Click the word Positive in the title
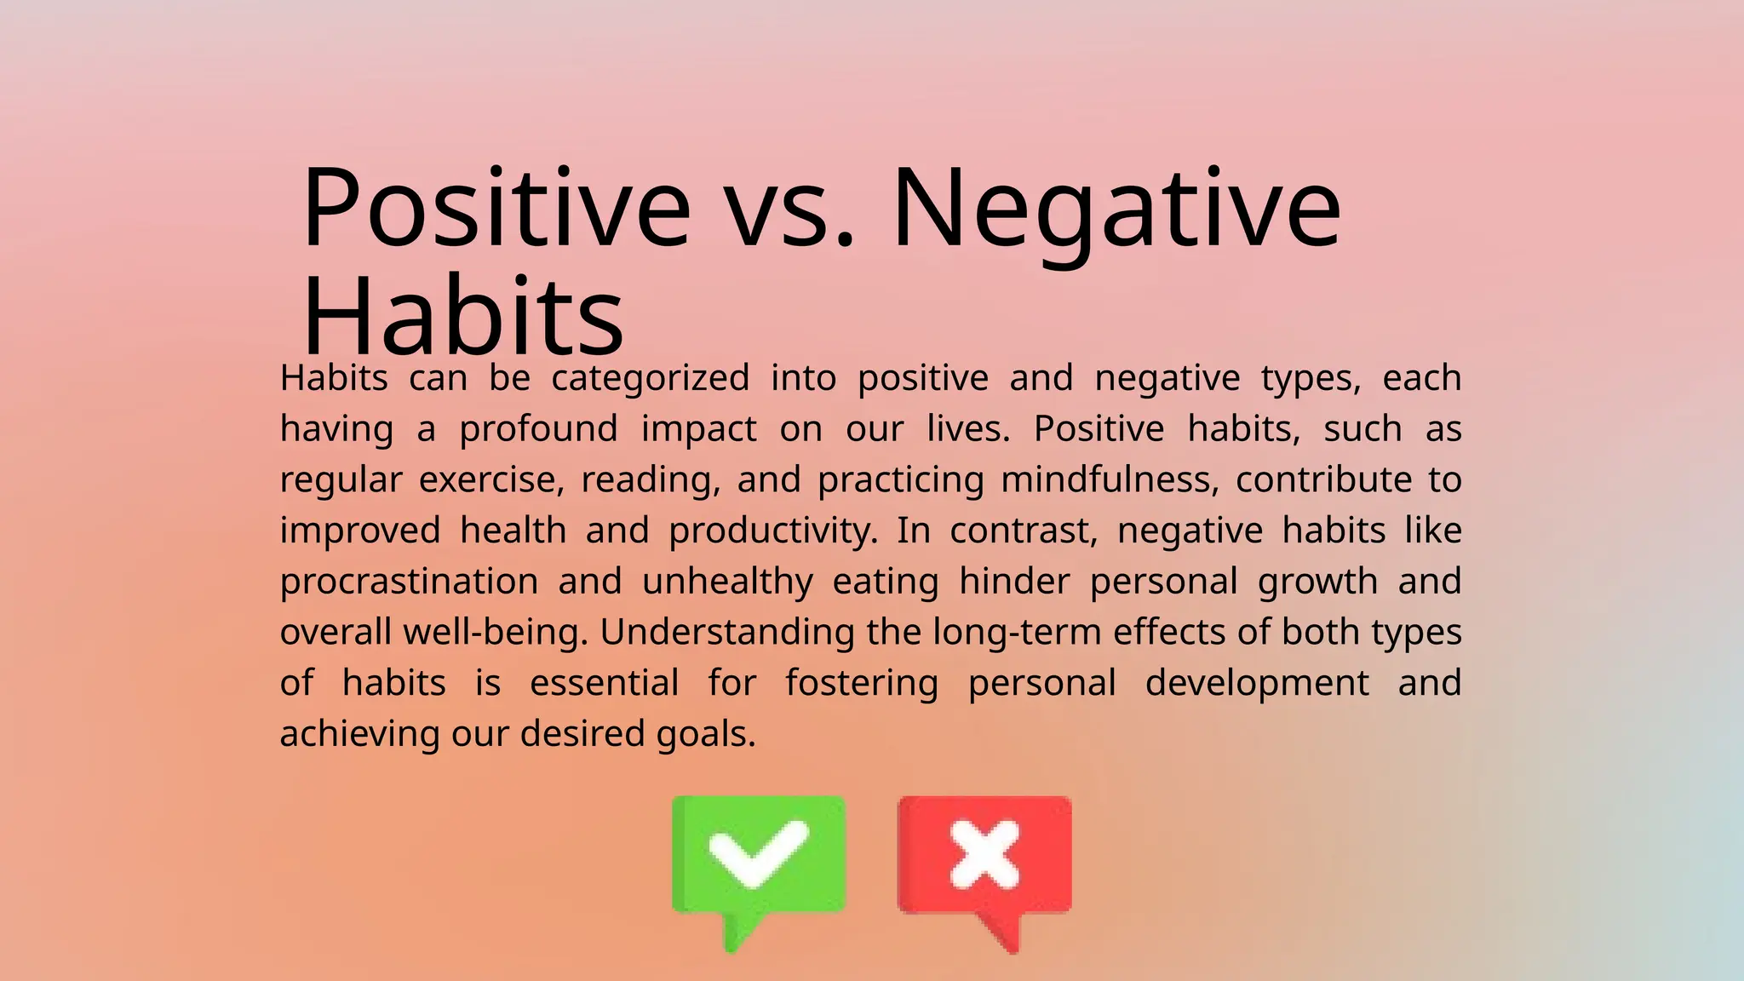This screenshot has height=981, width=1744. (x=496, y=209)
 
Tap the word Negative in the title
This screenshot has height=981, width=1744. (x=1116, y=209)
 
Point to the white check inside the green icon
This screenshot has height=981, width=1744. (x=757, y=852)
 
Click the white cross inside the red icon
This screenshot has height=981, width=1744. (x=984, y=853)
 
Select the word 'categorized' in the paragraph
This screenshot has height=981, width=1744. (x=651, y=378)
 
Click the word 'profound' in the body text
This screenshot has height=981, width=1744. (x=538, y=429)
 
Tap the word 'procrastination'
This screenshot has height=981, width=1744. (x=409, y=582)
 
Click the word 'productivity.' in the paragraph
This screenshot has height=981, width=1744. (x=772, y=531)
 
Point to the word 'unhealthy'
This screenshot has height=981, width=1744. (x=727, y=582)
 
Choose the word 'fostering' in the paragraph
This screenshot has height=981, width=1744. (x=862, y=684)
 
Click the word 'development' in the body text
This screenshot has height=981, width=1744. (x=1257, y=684)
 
